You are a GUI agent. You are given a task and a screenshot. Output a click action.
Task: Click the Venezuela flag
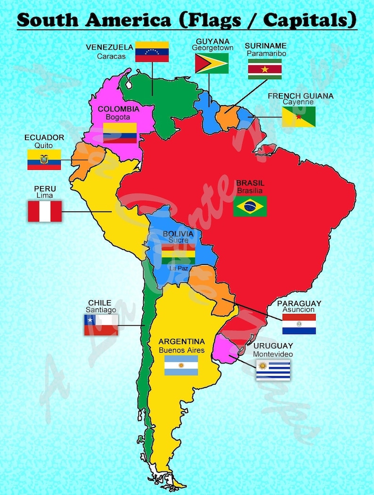tap(152, 52)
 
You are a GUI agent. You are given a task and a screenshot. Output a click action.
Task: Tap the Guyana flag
tap(211, 63)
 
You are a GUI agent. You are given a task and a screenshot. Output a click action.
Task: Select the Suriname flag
tap(265, 69)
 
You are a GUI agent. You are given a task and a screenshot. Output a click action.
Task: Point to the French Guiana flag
tap(299, 116)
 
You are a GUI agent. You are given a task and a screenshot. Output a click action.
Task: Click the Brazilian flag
tap(250, 206)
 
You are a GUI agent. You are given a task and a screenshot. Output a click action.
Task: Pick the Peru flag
tap(45, 211)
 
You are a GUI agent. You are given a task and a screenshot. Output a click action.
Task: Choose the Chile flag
tap(101, 325)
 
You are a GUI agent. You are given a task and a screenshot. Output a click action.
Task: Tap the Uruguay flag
tap(273, 370)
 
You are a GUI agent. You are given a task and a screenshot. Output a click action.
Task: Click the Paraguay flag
tap(299, 324)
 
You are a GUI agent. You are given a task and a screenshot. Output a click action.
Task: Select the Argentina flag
tap(181, 365)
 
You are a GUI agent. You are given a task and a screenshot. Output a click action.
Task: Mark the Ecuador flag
tap(44, 159)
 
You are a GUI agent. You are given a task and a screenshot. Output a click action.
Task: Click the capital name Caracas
tap(111, 57)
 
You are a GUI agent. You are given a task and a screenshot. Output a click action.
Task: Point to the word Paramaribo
tap(266, 53)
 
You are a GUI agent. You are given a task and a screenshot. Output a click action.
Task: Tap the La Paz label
tap(179, 268)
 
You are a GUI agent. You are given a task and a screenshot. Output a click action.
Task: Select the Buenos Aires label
tap(181, 350)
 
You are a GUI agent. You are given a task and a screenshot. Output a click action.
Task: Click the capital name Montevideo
tap(273, 354)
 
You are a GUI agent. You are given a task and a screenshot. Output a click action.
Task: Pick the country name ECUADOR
tap(44, 138)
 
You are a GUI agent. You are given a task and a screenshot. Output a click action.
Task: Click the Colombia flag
tap(120, 133)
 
